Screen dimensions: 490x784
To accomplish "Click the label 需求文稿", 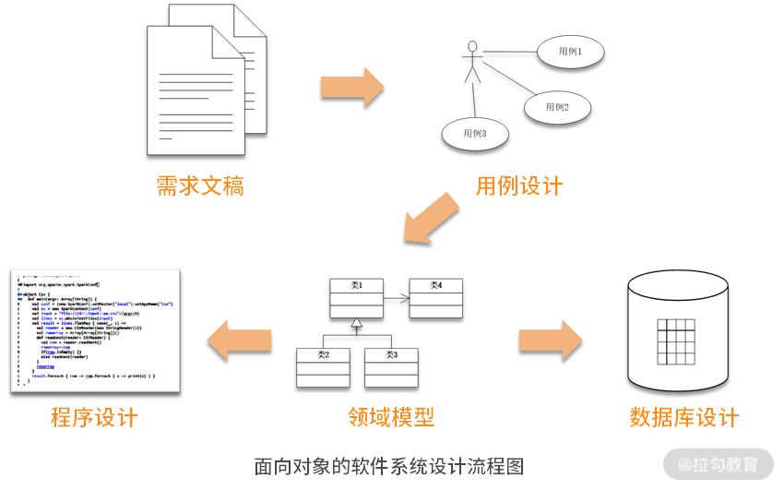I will (x=200, y=186).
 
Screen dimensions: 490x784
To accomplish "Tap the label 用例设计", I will (x=518, y=186).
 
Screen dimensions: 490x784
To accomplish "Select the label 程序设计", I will (x=94, y=417).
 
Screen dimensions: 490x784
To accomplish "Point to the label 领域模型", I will (x=391, y=417).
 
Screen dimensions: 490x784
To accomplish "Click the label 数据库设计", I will (x=684, y=417).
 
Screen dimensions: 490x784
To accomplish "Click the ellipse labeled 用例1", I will (x=570, y=53).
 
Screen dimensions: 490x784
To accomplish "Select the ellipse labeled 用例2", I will (x=556, y=107).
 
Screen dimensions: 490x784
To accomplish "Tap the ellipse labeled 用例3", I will (x=474, y=134).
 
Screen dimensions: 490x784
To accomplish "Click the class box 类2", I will (x=323, y=367).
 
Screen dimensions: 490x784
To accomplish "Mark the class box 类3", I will (x=391, y=367).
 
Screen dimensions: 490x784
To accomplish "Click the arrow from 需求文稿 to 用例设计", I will (x=351, y=88).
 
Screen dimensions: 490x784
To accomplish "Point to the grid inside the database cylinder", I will (x=679, y=341).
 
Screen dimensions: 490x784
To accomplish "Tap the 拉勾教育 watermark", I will (x=719, y=464).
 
